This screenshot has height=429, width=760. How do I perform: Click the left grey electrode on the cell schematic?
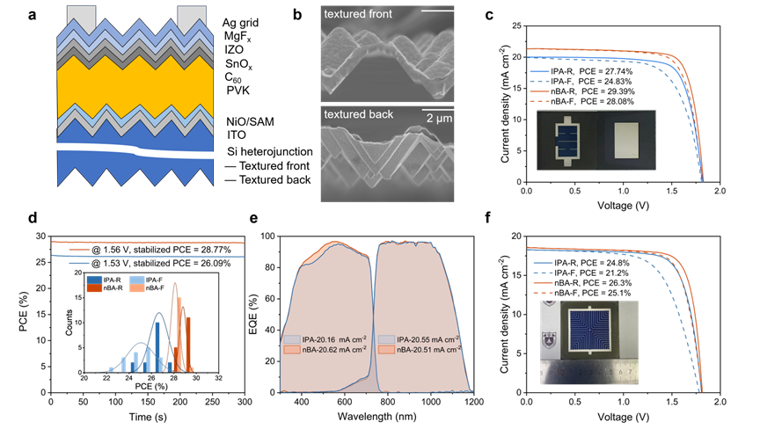[x=80, y=15]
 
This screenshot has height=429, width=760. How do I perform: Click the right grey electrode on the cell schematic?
[x=190, y=15]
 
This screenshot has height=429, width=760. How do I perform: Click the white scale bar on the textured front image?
[x=437, y=11]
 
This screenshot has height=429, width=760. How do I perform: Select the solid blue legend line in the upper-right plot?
[x=540, y=71]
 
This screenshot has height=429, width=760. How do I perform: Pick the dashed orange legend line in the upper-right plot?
[x=540, y=101]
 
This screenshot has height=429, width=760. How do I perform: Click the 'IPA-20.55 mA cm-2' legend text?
[x=427, y=338]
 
